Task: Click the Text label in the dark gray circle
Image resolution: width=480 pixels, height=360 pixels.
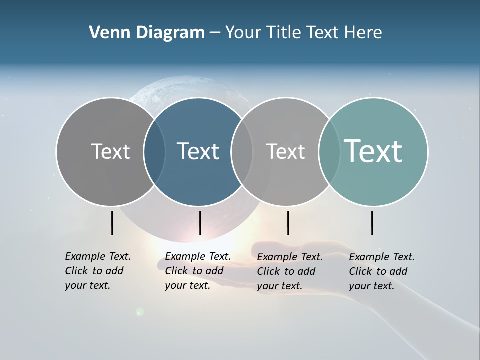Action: coord(110,151)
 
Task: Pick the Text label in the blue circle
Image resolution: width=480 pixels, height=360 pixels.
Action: coord(198,151)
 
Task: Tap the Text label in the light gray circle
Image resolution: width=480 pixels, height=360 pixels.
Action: coord(285,151)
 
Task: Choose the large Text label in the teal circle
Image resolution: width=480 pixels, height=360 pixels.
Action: coord(373,151)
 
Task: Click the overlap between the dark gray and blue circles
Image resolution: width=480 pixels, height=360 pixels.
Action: coord(154,152)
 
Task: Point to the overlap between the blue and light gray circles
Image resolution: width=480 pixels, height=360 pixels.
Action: coord(242,152)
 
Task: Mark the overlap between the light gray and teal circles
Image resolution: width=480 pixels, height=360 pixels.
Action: coord(329,152)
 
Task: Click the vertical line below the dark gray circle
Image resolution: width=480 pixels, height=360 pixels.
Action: coord(112,223)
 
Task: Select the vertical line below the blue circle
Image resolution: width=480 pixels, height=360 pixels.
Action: coord(200,223)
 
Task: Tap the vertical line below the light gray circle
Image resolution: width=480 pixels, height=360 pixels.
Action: coord(288,223)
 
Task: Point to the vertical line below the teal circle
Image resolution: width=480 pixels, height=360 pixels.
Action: coord(372,223)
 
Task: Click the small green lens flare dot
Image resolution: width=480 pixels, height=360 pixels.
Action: coord(140,312)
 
